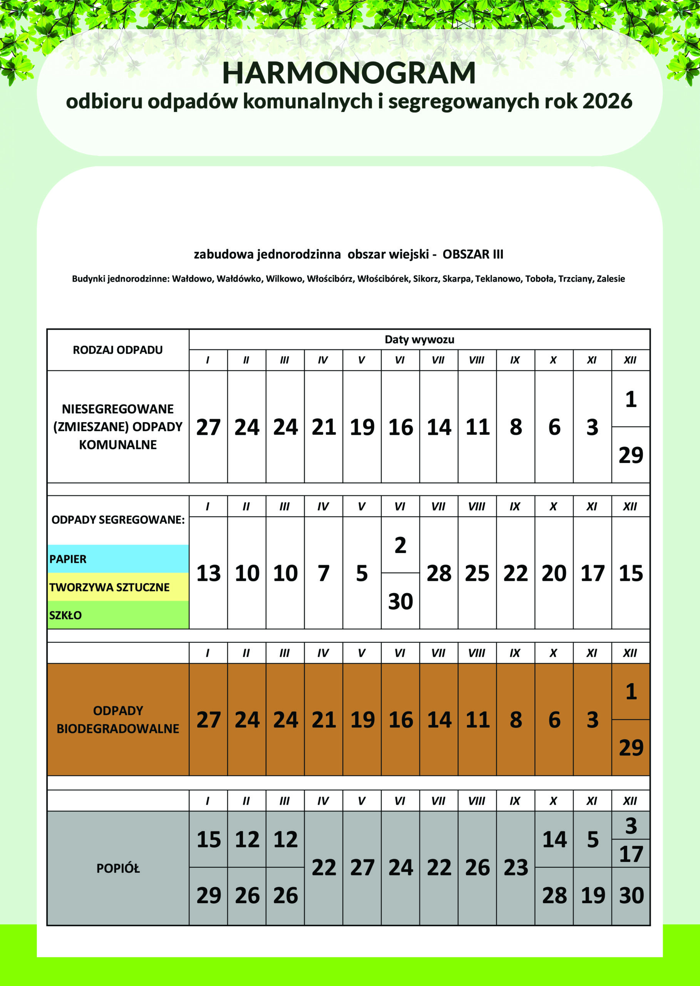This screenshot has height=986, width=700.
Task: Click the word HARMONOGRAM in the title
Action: pos(349,73)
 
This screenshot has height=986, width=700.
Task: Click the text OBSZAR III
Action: pos(473,254)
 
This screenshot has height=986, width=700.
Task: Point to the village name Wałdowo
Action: pos(192,279)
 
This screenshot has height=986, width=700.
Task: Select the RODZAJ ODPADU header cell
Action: pos(118,350)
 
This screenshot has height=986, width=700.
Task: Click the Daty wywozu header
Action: pos(419,340)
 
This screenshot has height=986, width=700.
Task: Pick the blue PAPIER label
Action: pos(68,559)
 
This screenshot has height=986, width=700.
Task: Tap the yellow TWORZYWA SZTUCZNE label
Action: pos(109,587)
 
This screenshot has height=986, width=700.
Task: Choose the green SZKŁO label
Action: pos(65,615)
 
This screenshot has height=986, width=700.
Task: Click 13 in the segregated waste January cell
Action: pos(208,573)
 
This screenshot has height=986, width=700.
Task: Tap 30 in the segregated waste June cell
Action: pos(400,602)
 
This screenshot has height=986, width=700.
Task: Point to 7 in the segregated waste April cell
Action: pos(323,573)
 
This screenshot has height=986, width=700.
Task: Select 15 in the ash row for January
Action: pos(208,840)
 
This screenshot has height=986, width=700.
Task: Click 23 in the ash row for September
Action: pos(516,868)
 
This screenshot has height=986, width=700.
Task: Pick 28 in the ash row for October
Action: pos(554,896)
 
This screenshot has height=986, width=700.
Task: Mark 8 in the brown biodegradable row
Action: pos(516,720)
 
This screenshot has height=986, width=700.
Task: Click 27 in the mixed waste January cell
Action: pos(208,427)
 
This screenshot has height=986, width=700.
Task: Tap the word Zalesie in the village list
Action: pos(611,279)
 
